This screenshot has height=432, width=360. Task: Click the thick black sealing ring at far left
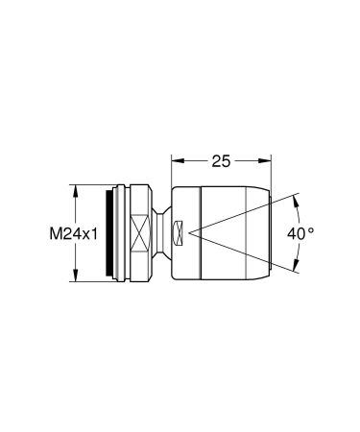click(105, 232)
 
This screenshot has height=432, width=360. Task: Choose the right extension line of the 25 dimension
click(269, 168)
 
